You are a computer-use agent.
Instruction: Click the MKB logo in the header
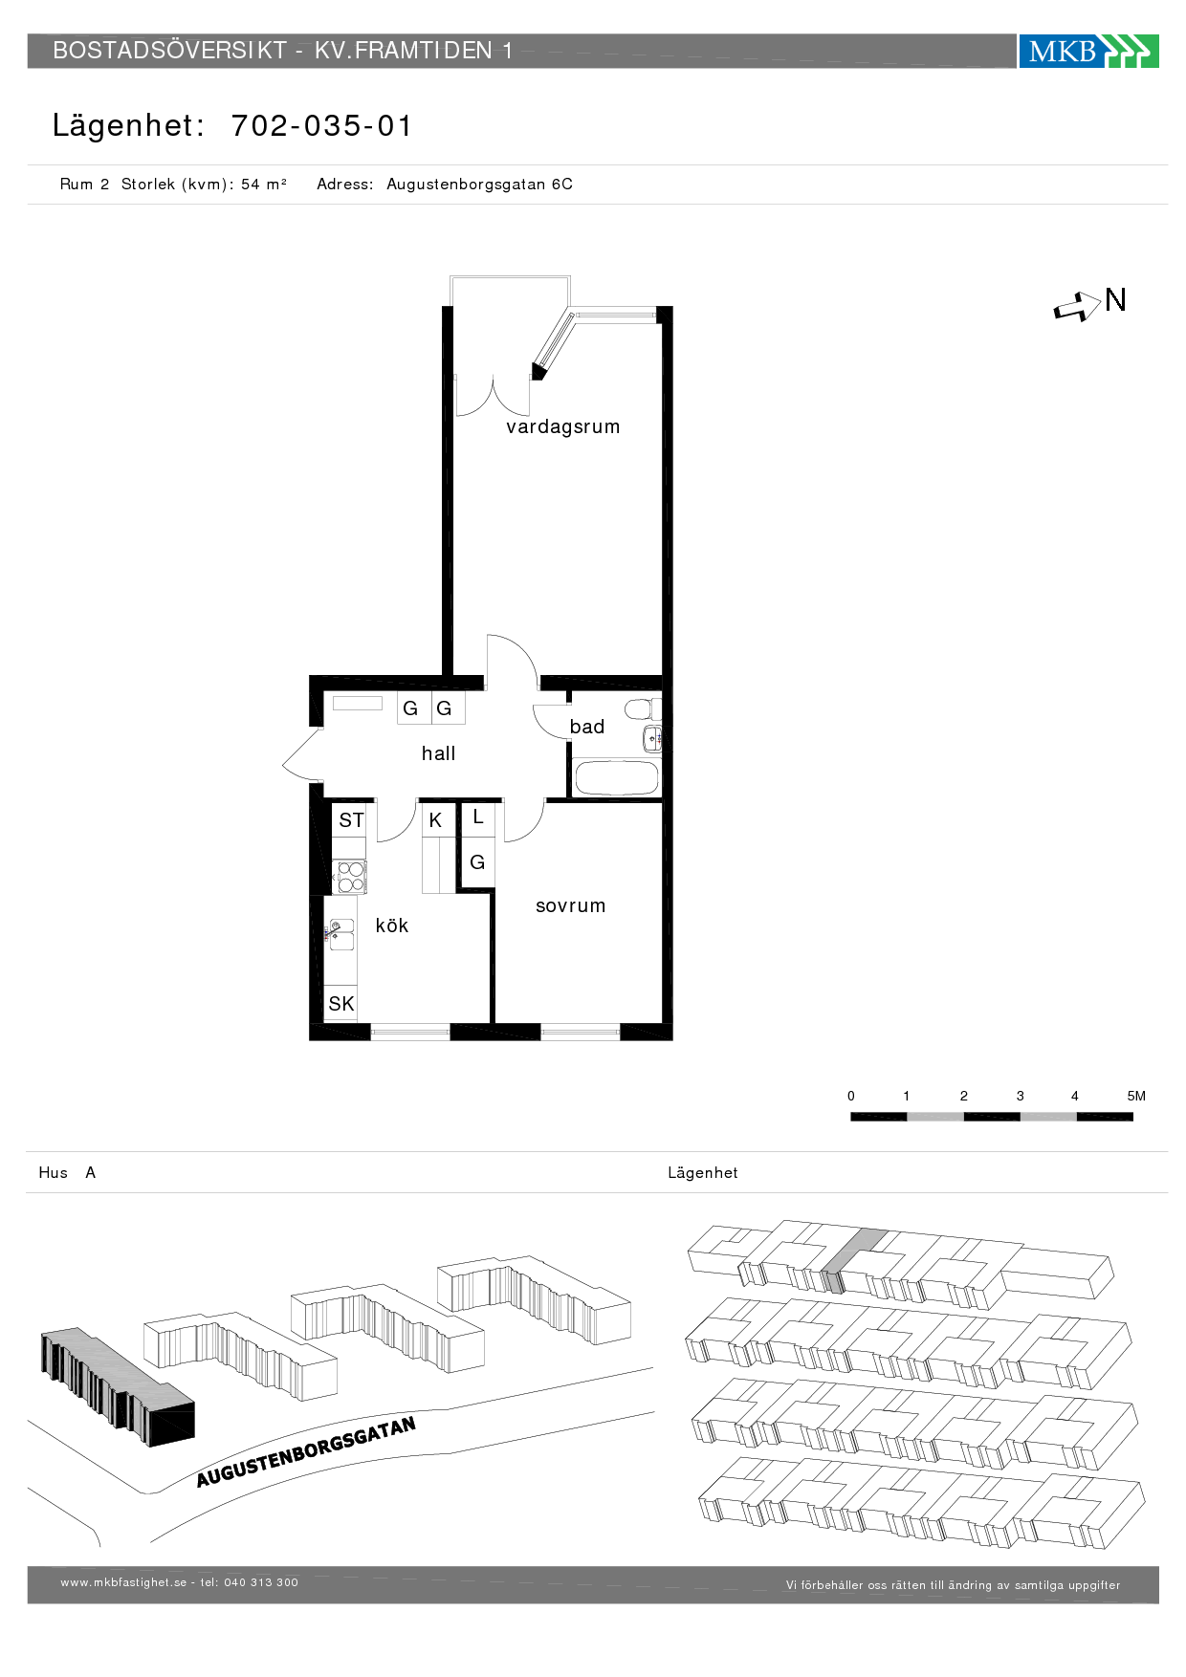[1088, 51]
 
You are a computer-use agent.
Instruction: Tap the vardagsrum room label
[562, 426]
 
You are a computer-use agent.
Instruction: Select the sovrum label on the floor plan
[570, 905]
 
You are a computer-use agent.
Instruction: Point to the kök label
[391, 925]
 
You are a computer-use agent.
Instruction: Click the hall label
[438, 753]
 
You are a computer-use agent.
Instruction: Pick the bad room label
[586, 727]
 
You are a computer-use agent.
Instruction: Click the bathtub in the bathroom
[616, 777]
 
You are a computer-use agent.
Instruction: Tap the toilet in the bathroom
[642, 708]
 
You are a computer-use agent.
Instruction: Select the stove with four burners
[349, 877]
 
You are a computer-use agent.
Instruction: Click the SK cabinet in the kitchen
[340, 1003]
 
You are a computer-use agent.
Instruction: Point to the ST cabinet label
[351, 820]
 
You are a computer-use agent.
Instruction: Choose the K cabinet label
[435, 820]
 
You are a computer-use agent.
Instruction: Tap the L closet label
[478, 817]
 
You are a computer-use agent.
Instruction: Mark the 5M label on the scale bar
[1136, 1096]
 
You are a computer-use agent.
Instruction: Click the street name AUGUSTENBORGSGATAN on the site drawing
[306, 1451]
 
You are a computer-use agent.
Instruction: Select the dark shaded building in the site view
[118, 1385]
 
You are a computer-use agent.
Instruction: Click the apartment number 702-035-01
[321, 125]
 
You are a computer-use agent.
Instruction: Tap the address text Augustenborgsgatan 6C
[479, 184]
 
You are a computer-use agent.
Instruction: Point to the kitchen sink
[340, 934]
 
